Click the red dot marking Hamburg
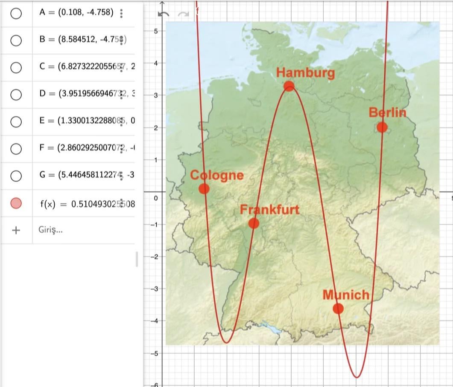pyautogui.click(x=289, y=86)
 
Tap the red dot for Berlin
pyautogui.click(x=382, y=127)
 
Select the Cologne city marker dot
pyautogui.click(x=204, y=188)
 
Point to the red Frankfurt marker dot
pyautogui.click(x=254, y=223)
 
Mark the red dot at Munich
pyautogui.click(x=338, y=309)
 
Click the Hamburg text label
pyautogui.click(x=305, y=72)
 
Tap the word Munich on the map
pyautogui.click(x=345, y=295)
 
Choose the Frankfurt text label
pyautogui.click(x=269, y=210)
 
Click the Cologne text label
pyautogui.click(x=217, y=175)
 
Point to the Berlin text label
pyautogui.click(x=387, y=113)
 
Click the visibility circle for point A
pyautogui.click(x=16, y=13)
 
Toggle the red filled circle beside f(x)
pyautogui.click(x=16, y=203)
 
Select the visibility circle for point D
pyautogui.click(x=16, y=94)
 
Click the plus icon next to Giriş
pyautogui.click(x=16, y=230)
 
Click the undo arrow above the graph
pyautogui.click(x=164, y=14)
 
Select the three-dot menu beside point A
pyautogui.click(x=122, y=13)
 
